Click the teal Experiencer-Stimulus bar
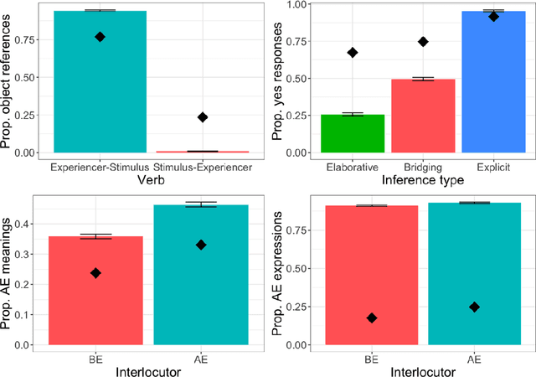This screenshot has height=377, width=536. (100, 84)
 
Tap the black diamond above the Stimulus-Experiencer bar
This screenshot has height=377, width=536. (202, 117)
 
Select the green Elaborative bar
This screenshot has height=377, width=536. (353, 134)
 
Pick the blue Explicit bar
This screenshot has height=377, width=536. (493, 84)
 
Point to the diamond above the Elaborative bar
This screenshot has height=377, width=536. (353, 53)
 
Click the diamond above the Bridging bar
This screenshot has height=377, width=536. (423, 41)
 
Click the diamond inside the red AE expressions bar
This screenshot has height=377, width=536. (372, 318)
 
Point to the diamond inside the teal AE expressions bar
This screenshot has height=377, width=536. (474, 307)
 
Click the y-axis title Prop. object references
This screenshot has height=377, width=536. (9, 80)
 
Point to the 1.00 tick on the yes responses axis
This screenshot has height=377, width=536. (301, 5)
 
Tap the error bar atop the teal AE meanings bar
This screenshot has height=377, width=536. (201, 204)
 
